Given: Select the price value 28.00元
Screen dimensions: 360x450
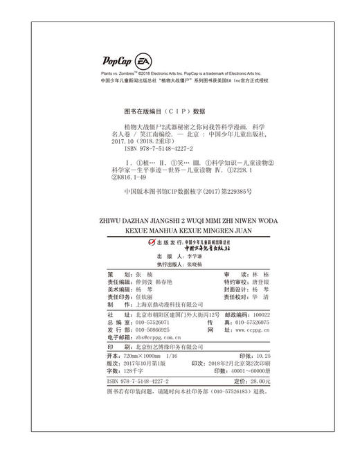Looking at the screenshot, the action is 255,381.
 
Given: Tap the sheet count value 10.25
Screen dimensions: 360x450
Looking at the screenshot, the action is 251,354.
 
